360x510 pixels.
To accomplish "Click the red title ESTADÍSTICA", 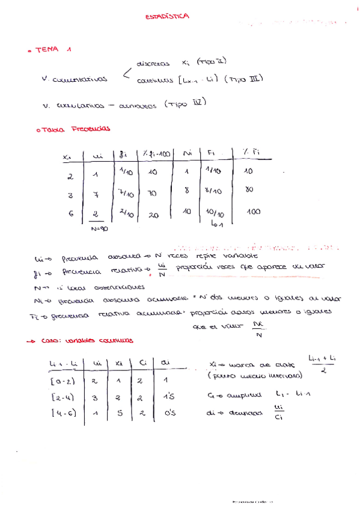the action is tap(167, 17).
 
